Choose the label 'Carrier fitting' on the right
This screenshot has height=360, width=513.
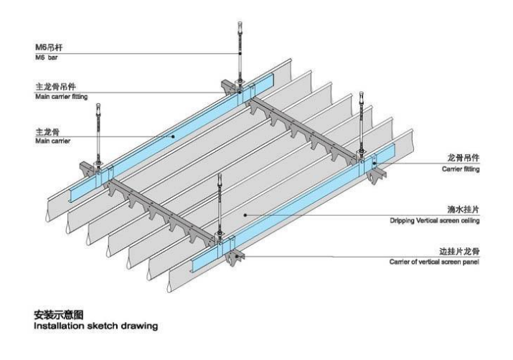coord(460,170)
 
